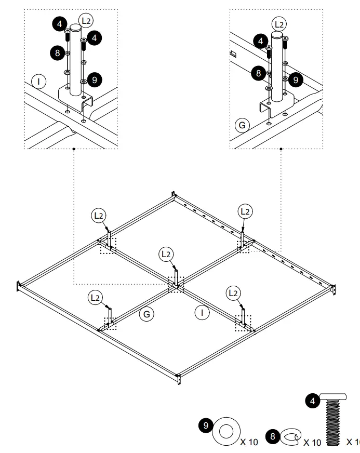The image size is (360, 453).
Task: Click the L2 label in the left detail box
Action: [86, 21]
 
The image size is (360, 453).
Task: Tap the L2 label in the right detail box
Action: [279, 23]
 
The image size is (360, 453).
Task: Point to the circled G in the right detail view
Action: [241, 125]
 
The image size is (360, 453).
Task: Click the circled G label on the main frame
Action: [147, 314]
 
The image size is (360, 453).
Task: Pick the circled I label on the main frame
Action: [202, 312]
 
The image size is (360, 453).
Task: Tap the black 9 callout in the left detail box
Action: [94, 79]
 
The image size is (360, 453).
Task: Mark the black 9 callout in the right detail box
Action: [295, 79]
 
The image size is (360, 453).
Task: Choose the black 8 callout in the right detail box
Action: [258, 73]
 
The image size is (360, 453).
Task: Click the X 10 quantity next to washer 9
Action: [249, 442]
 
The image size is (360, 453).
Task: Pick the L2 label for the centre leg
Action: [166, 254]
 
